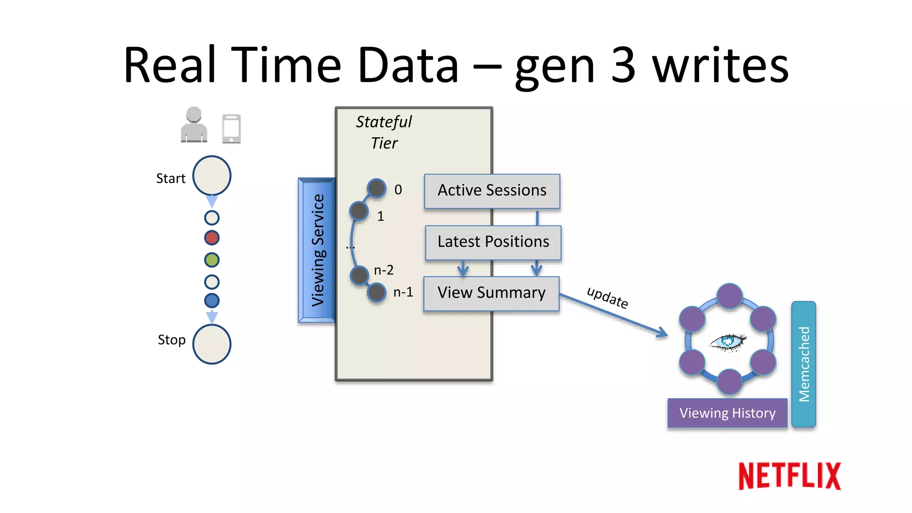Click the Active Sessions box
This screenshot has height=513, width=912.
click(x=492, y=191)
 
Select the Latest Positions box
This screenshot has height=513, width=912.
click(x=493, y=242)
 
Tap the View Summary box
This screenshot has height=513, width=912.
click(x=491, y=293)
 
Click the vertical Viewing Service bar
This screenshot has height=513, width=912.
click(x=317, y=250)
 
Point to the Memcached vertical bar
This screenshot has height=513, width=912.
click(x=804, y=364)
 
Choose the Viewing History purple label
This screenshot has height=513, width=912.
click(x=727, y=413)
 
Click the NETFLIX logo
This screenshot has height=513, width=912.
click(x=790, y=476)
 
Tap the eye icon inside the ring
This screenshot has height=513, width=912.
click(x=728, y=342)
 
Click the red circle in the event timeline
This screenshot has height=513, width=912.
click(x=212, y=238)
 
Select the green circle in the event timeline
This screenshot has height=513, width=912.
click(x=212, y=260)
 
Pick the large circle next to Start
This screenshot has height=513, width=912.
click(x=212, y=175)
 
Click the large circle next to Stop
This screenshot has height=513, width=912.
click(x=212, y=344)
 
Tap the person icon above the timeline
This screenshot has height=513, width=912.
click(x=194, y=125)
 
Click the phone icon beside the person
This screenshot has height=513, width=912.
click(x=232, y=129)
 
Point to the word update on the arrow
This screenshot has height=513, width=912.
click(x=607, y=297)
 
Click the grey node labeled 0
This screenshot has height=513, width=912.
click(x=376, y=188)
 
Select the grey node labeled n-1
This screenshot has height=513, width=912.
click(x=377, y=293)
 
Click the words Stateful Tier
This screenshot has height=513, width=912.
click(x=384, y=132)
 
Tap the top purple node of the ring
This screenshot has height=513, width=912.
click(x=729, y=296)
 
